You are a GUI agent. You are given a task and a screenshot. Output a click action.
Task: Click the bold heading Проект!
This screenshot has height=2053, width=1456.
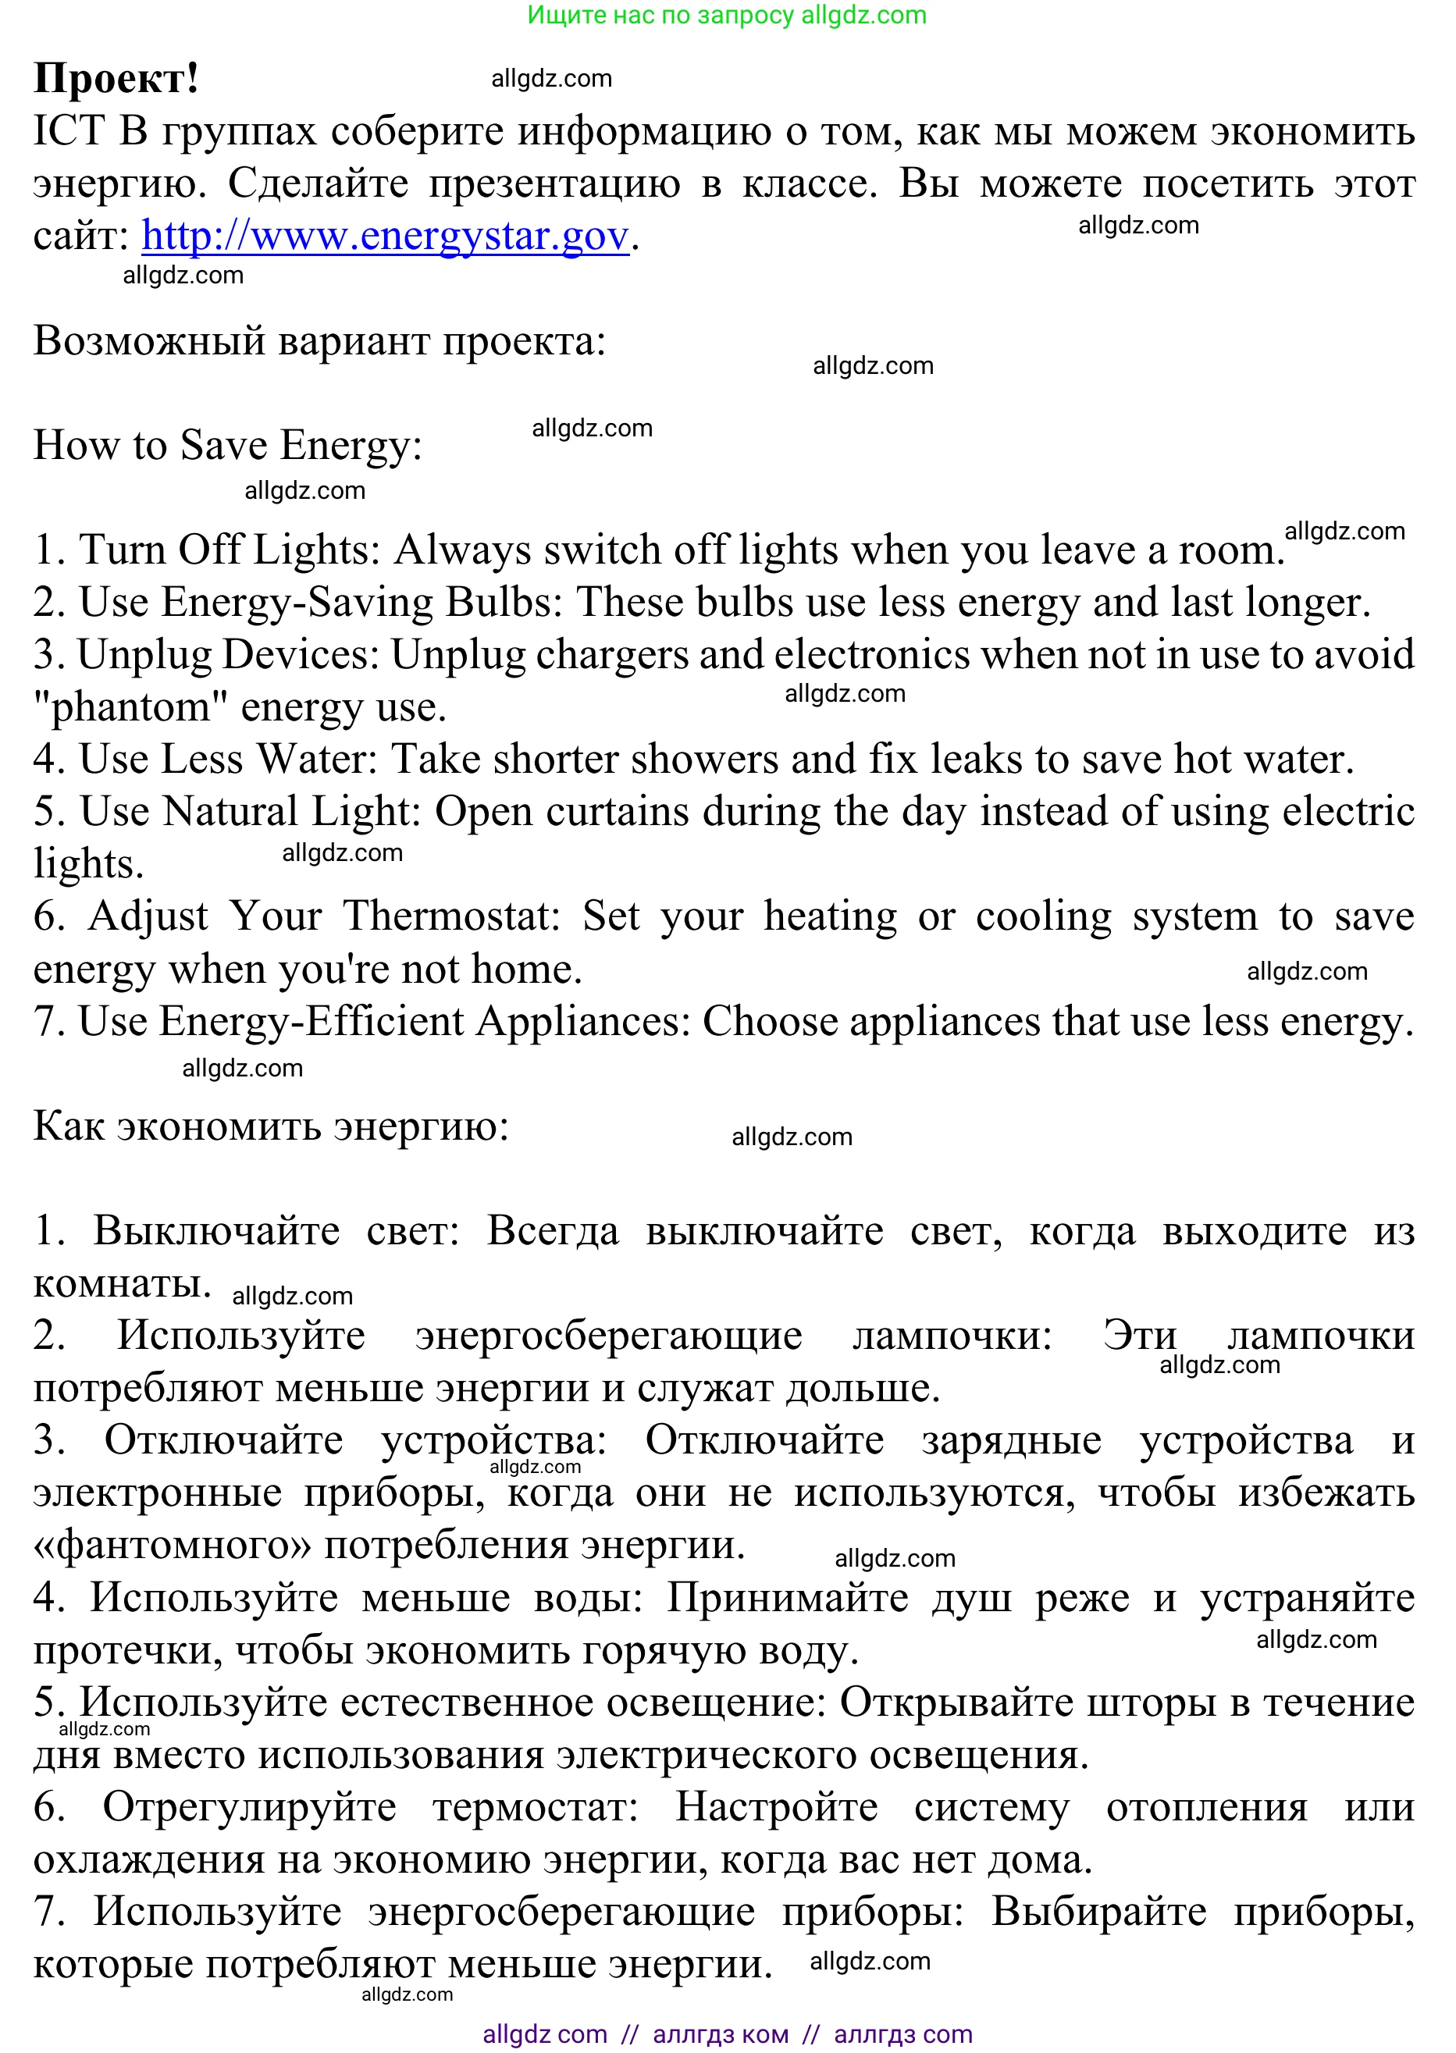(x=116, y=78)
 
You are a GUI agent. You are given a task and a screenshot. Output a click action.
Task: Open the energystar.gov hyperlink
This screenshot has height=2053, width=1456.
(x=385, y=236)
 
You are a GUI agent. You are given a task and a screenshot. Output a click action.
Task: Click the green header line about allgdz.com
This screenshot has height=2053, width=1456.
(x=726, y=16)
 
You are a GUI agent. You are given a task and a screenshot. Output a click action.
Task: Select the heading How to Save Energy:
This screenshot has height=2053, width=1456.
(x=228, y=445)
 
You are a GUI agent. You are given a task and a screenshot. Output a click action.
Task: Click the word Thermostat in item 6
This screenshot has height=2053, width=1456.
(x=452, y=916)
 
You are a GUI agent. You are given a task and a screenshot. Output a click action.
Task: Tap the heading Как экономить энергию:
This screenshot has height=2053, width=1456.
(x=271, y=1126)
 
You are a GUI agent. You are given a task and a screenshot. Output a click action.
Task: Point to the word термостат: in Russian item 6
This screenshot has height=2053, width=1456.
(x=536, y=1806)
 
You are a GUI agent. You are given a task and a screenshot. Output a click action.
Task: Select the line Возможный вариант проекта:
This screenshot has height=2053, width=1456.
(x=319, y=340)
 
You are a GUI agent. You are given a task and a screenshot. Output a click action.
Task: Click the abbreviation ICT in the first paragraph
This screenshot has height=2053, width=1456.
(x=69, y=131)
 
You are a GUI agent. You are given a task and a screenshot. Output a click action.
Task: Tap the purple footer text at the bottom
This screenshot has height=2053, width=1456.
(x=726, y=2034)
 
